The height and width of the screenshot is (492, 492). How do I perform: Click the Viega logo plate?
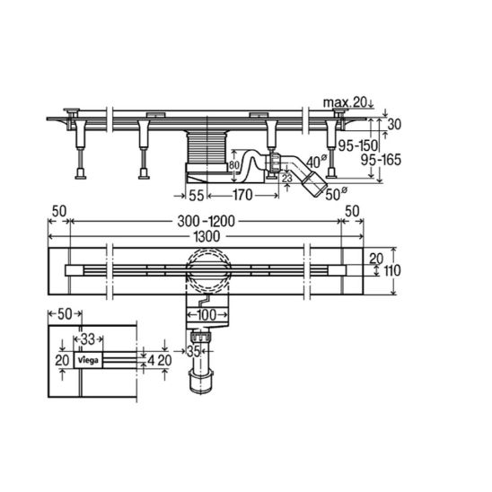tap(88, 360)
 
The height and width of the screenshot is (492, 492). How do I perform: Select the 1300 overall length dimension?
tap(206, 237)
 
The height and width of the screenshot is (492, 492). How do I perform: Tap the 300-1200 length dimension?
tap(206, 222)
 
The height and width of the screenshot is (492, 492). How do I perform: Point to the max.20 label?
tap(345, 102)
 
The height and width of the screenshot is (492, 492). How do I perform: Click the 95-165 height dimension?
tap(381, 160)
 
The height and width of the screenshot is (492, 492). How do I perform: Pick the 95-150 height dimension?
tap(357, 145)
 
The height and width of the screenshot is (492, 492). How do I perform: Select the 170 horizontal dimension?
tap(242, 195)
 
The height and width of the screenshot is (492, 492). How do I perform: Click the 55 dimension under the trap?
tap(197, 195)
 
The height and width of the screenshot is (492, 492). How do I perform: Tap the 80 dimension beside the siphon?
tap(233, 165)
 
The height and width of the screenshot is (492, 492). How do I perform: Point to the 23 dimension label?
tap(286, 179)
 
